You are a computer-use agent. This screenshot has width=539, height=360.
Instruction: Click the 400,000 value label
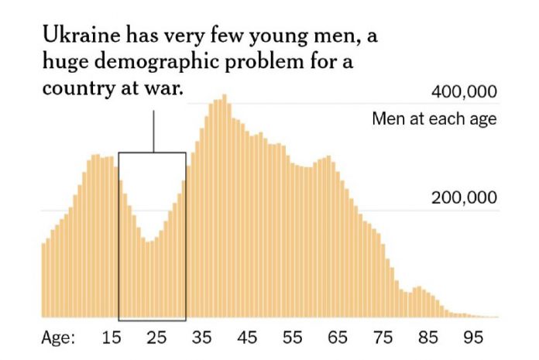(462, 94)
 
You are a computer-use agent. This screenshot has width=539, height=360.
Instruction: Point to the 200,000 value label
(462, 199)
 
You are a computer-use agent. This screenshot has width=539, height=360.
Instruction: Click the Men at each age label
(434, 119)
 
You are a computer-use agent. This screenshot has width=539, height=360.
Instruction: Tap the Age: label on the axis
(58, 338)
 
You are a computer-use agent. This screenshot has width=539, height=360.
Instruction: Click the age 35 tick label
(202, 338)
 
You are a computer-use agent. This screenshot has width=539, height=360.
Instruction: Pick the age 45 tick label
(247, 338)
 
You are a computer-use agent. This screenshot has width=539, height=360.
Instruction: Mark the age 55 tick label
(292, 338)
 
